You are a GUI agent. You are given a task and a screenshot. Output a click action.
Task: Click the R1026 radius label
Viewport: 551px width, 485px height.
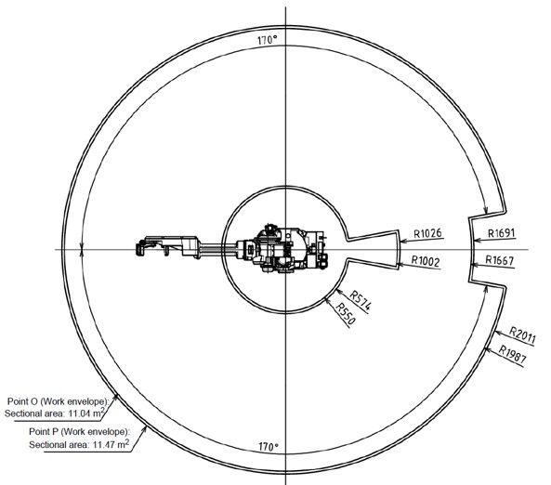point(427,233)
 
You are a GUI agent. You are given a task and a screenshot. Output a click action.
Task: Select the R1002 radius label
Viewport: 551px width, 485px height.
point(426,261)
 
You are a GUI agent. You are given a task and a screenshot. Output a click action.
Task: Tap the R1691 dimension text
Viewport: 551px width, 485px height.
point(501,233)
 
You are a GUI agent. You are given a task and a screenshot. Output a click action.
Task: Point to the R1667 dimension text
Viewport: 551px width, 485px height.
point(500,260)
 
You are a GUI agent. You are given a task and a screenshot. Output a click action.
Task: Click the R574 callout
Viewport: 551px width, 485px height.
point(361,301)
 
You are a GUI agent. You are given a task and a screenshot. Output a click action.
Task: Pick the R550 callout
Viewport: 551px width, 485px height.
point(346,313)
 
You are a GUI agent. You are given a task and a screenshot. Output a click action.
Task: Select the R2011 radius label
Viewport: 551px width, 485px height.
point(522,335)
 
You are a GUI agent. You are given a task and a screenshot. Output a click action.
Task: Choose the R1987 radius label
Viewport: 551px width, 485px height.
point(513,354)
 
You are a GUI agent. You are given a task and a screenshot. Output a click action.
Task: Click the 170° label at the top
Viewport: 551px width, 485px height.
point(268,40)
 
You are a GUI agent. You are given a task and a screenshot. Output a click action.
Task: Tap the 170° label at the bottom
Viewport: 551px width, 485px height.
point(269,447)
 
